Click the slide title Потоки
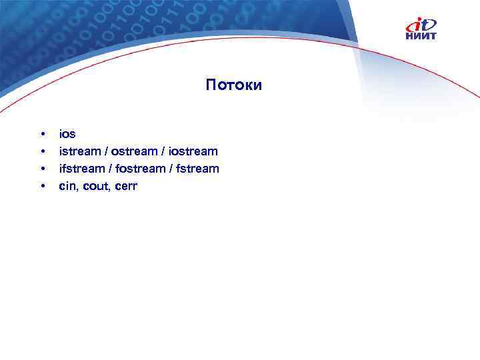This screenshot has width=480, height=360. (234, 85)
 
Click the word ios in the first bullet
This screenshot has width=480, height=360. (67, 134)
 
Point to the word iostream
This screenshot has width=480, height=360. (194, 151)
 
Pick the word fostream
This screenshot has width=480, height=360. (140, 169)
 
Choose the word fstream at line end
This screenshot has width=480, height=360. (197, 169)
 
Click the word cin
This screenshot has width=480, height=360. (67, 186)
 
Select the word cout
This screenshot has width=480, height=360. (94, 186)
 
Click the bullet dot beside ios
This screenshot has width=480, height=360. (43, 135)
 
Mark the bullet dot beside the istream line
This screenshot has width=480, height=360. (43, 152)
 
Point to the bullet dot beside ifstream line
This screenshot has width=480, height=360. (43, 169)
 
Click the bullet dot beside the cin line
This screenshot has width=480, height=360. (43, 187)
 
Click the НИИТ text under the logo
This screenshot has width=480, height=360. (421, 36)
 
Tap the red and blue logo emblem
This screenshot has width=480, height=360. (421, 24)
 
